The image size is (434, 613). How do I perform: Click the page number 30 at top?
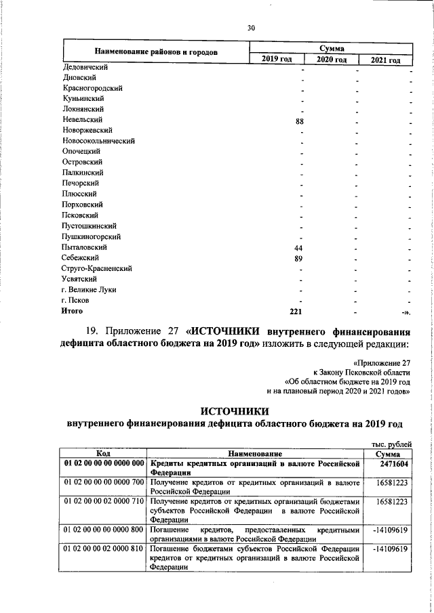(x=251, y=28)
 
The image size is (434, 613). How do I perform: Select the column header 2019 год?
(x=277, y=60)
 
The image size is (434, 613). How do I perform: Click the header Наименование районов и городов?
(x=156, y=52)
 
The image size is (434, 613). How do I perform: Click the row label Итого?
(x=73, y=311)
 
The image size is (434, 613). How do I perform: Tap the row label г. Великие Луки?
(x=88, y=290)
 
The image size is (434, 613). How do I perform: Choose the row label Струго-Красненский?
(x=97, y=268)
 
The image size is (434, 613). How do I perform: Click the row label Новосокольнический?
(x=98, y=141)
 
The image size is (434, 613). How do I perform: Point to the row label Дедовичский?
(x=85, y=67)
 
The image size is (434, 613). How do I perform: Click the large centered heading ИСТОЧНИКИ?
(x=234, y=410)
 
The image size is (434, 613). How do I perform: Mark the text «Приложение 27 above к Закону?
(x=382, y=363)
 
